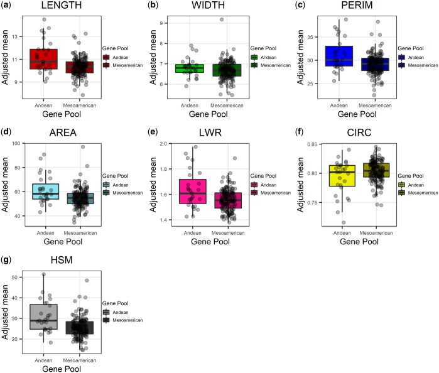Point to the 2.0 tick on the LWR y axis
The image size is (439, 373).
(173, 145)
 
